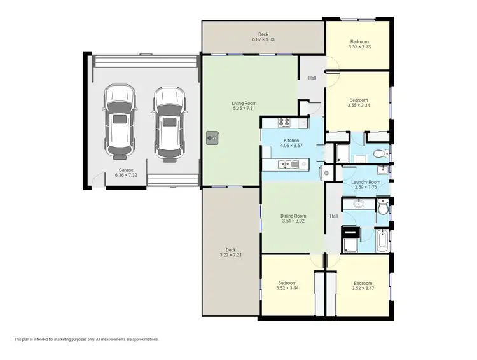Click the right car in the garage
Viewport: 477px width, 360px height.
[x=168, y=121]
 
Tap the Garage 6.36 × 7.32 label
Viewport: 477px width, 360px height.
[x=126, y=172]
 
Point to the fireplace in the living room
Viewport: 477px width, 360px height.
[x=212, y=135]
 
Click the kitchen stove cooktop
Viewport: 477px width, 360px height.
[x=284, y=123]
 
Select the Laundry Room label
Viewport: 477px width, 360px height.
[x=365, y=185]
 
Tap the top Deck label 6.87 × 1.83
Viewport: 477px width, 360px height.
[x=263, y=38]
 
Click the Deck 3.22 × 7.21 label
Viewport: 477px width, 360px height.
[x=230, y=253]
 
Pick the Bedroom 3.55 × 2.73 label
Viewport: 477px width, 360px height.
[x=359, y=44]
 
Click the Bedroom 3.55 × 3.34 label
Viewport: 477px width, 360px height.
[x=358, y=103]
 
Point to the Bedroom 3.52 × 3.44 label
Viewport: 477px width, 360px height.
[x=287, y=286]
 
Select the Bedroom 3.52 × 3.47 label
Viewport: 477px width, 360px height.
[x=363, y=286]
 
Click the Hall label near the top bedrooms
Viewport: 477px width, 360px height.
[x=312, y=78]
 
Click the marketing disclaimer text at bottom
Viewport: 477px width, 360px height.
[x=86, y=340]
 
